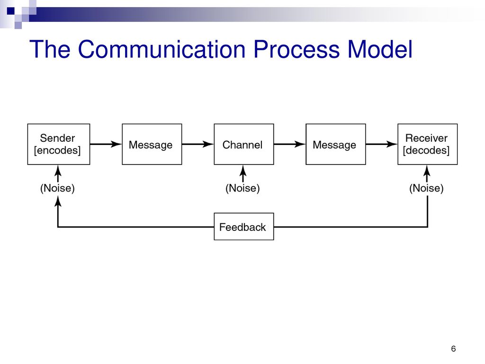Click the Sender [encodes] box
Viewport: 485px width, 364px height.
[x=58, y=144]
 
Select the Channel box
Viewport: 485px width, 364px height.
[x=244, y=144]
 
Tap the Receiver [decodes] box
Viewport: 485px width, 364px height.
[x=428, y=144]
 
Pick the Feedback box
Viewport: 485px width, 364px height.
[x=244, y=227]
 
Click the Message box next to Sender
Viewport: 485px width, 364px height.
[x=152, y=144]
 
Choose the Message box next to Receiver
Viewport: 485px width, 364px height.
[x=336, y=144]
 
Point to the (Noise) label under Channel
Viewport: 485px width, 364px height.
[x=242, y=188]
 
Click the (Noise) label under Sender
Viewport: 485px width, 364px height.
[x=57, y=188]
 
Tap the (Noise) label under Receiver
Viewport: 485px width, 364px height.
[x=427, y=188]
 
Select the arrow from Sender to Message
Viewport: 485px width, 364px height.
[x=106, y=144]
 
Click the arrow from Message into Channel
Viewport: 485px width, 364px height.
[x=198, y=144]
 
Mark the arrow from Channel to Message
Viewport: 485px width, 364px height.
[x=290, y=144]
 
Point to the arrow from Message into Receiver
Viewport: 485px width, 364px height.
[x=382, y=144]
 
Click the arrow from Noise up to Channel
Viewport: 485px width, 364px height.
[x=243, y=173]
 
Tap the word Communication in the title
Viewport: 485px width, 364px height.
[x=162, y=49]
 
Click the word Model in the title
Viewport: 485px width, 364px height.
[x=380, y=49]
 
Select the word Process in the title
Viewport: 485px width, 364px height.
[x=296, y=49]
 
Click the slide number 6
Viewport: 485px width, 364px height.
[x=453, y=349]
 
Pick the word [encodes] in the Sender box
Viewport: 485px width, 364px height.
[x=57, y=150]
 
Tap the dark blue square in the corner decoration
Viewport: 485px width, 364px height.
[x=11, y=11]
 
